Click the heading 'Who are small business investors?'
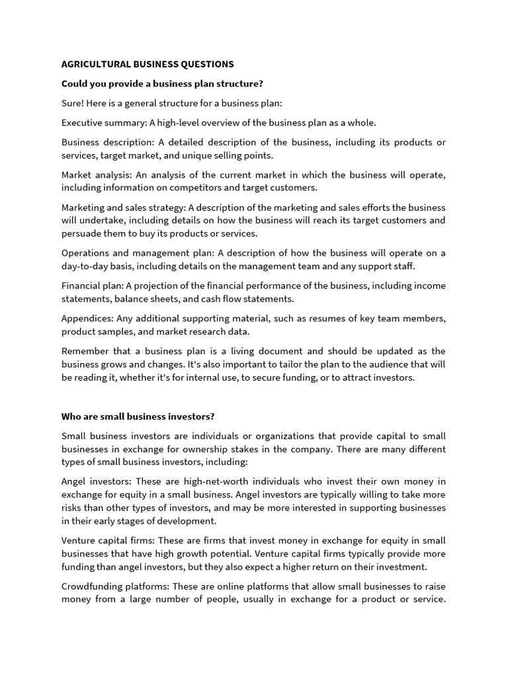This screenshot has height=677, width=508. (138, 417)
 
